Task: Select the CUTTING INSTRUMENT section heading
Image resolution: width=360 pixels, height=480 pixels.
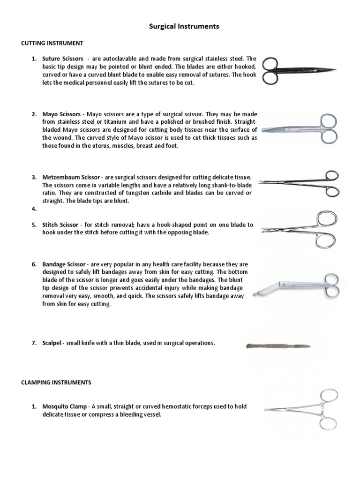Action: [x=52, y=43]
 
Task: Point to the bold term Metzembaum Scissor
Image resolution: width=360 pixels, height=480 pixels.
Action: [x=71, y=177]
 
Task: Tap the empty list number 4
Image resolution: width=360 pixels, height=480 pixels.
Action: [x=34, y=209]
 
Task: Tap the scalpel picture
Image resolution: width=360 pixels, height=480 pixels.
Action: [x=278, y=346]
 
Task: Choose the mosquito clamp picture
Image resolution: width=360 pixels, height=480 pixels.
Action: [x=300, y=409]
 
